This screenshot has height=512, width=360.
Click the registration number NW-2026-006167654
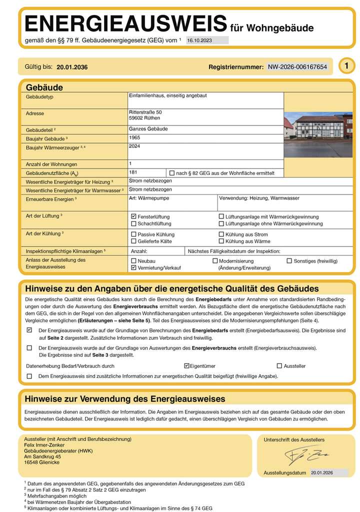(297, 66)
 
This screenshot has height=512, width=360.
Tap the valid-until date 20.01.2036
(72, 67)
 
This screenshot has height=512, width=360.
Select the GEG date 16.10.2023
(199, 40)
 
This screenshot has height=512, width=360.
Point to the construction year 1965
(134, 137)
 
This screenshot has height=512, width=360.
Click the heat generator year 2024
(134, 146)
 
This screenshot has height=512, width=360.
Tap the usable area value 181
(133, 172)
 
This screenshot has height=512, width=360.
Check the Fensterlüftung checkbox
(133, 216)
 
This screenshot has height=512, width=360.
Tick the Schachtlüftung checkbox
(133, 223)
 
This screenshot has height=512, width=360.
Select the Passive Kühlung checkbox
(133, 234)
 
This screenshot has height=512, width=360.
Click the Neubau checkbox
(133, 261)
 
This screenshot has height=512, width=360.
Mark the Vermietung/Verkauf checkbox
(133, 268)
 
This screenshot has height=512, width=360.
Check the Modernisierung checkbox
(215, 261)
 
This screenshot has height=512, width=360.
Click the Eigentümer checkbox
(186, 366)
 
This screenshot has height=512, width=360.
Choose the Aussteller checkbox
(279, 366)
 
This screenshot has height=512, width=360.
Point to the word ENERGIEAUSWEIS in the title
(125, 24)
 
